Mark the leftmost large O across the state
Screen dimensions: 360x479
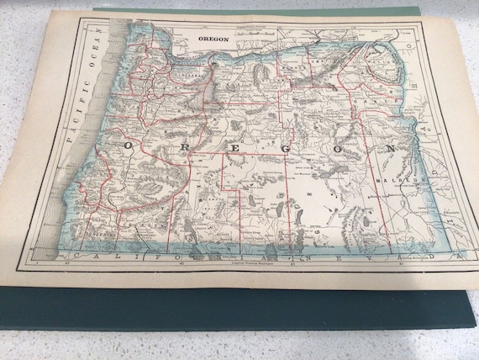click(x=127, y=146)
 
